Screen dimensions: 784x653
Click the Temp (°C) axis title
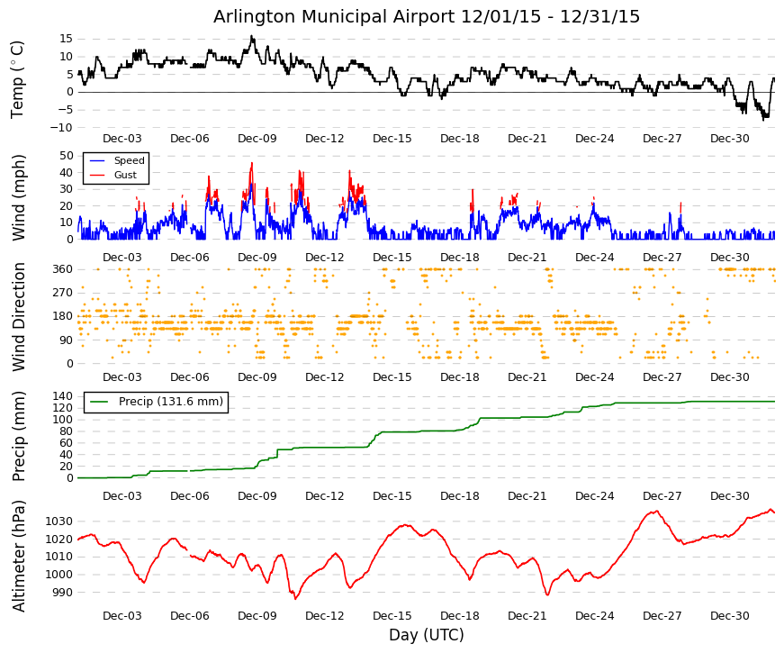[x=17, y=79]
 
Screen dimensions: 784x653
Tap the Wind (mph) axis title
[x=18, y=197]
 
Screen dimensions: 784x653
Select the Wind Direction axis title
[x=19, y=317]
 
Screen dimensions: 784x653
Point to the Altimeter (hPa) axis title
[x=19, y=556]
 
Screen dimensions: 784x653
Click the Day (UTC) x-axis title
[x=427, y=635]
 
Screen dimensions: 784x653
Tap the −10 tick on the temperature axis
[x=61, y=128]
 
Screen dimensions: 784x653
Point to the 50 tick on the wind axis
[x=67, y=156]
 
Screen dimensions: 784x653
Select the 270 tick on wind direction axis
[x=63, y=293]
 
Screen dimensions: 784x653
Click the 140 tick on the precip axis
[x=63, y=396]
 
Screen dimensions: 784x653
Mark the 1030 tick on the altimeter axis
[x=59, y=521]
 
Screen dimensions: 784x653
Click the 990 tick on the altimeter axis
[x=62, y=593]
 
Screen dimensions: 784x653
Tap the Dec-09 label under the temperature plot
[x=257, y=139]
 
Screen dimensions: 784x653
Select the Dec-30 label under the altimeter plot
[x=730, y=616]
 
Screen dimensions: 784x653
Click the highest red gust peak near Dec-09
[x=251, y=163]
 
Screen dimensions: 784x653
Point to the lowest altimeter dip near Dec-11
[x=295, y=598]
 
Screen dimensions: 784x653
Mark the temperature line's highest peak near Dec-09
[x=251, y=36]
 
